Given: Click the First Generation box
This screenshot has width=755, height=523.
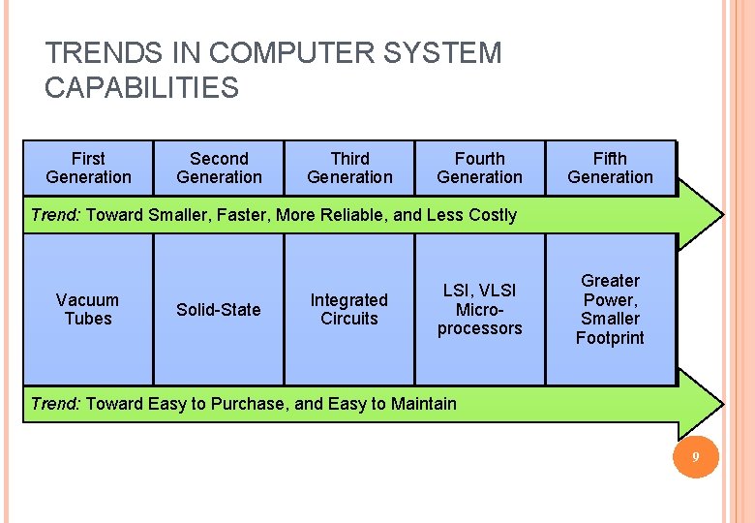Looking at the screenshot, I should [x=88, y=168].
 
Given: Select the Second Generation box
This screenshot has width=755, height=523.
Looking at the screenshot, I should [x=219, y=168].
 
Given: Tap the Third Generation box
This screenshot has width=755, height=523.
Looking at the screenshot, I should [x=349, y=168].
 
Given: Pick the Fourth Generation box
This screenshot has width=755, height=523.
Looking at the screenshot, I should [x=479, y=168].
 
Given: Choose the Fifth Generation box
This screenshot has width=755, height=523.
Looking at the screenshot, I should [x=610, y=168].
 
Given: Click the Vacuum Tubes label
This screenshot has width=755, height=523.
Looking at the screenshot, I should [x=88, y=309].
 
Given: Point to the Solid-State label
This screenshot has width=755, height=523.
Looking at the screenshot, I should [x=219, y=310].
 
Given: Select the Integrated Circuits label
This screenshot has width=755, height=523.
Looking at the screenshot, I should [x=348, y=309].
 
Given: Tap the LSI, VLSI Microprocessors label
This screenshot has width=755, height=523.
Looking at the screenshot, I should [x=479, y=309].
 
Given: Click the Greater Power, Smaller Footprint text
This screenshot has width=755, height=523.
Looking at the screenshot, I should [x=610, y=309].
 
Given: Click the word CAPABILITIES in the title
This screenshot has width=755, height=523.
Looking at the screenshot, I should [x=141, y=88].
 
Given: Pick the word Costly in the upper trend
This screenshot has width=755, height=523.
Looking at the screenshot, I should [x=490, y=215].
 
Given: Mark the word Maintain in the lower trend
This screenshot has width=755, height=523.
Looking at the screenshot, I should [x=423, y=403].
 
